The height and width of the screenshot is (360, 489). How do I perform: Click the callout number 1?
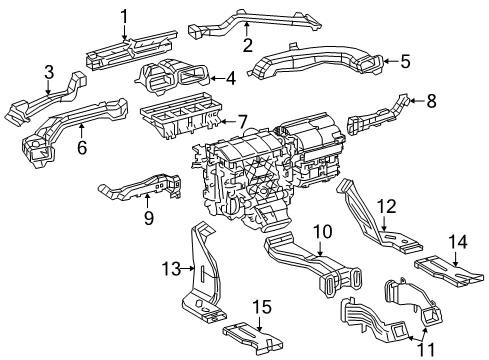(x=125, y=15)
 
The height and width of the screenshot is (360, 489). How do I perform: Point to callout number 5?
(x=405, y=62)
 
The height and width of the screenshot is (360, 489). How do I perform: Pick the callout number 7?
(x=241, y=122)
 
